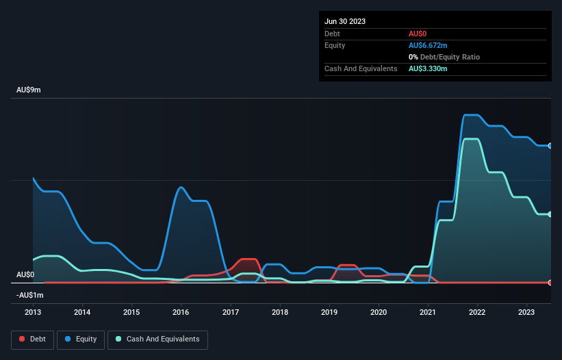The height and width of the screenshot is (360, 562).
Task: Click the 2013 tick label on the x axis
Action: pos(33,312)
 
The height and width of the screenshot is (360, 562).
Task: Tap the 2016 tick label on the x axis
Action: pos(181,312)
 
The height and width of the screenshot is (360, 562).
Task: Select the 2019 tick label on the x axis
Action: pos(329,312)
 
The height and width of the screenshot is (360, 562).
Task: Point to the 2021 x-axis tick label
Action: pos(428,312)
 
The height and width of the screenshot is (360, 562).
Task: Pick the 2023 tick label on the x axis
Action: pos(527,312)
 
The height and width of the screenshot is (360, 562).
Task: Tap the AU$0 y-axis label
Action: pos(25,274)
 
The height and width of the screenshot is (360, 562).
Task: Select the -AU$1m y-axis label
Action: pos(30,295)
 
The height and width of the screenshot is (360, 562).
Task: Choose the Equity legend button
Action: pos(81,339)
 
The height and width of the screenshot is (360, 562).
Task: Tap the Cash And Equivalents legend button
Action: pos(157,339)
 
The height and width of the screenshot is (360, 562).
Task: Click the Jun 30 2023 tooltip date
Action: pos(345,21)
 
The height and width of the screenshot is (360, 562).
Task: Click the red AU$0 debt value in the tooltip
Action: pos(418,34)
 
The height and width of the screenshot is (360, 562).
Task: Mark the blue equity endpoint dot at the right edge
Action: pos(550,146)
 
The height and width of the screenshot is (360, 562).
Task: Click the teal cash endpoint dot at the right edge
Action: pos(550,214)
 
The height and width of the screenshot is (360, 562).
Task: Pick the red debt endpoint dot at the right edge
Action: pos(550,282)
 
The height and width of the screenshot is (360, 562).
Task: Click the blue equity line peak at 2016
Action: pos(181,187)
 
